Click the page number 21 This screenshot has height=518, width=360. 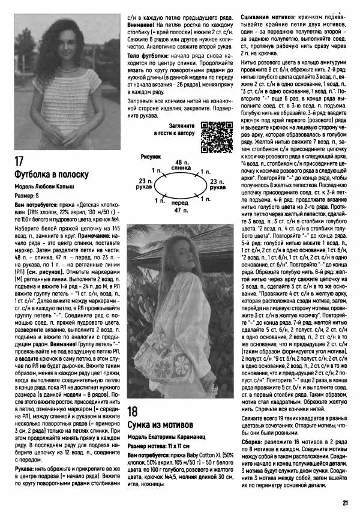tap(346, 504)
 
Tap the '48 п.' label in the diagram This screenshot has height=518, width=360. tap(179, 163)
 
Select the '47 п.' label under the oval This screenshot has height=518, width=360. tap(179, 211)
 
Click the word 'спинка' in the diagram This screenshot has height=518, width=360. tap(179, 169)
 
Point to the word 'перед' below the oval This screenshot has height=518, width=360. tap(179, 204)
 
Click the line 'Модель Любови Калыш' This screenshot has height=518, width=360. tap(40, 187)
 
